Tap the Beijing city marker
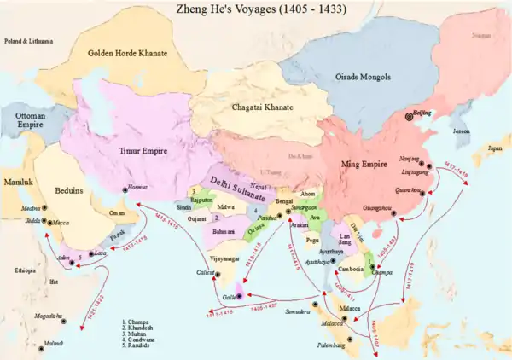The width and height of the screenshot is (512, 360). coord(408,118)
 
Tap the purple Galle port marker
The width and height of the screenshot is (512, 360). coord(240,295)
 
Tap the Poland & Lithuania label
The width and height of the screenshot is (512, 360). coord(28,41)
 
